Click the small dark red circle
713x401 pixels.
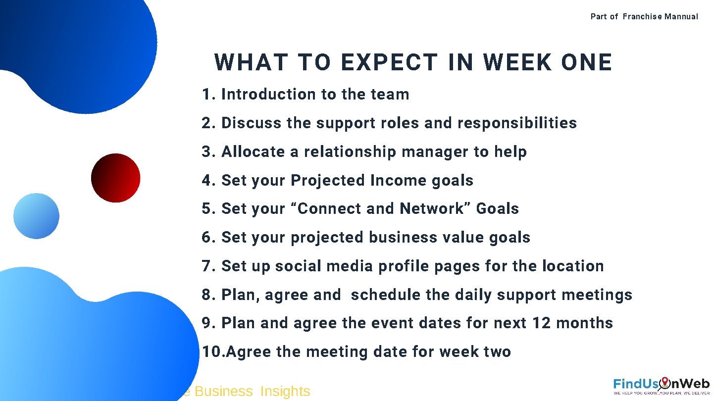tap(115, 178)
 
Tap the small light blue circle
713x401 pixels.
tap(36, 216)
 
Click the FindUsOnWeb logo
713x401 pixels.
tap(661, 386)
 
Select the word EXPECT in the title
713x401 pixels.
tap(389, 63)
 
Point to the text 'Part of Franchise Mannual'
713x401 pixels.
tap(644, 16)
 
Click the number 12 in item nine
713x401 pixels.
tap(542, 323)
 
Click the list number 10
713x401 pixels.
tap(212, 352)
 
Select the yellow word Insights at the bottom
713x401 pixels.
tap(285, 392)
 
